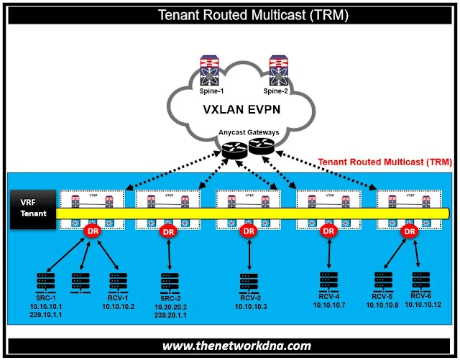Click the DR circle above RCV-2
point(249,231)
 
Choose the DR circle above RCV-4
point(328,231)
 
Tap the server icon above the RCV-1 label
point(115,282)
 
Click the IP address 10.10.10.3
point(249,307)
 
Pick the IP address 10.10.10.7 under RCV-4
point(329,305)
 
